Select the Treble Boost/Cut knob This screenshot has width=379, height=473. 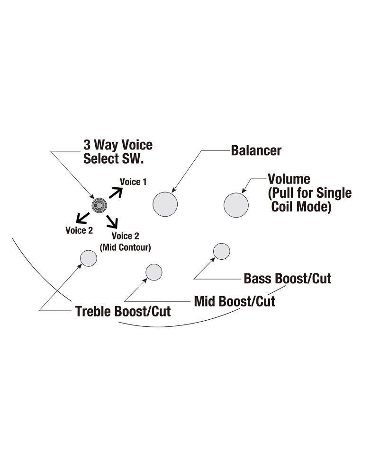(89, 258)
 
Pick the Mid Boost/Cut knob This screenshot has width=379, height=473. (153, 272)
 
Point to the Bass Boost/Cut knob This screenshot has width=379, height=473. (222, 251)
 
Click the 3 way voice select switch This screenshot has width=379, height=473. (99, 205)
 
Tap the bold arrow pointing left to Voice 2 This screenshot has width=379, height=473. (82, 218)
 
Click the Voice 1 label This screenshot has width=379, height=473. (133, 182)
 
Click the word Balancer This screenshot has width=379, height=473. (256, 151)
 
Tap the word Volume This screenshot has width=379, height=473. (289, 179)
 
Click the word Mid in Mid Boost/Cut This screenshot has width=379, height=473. (205, 301)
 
